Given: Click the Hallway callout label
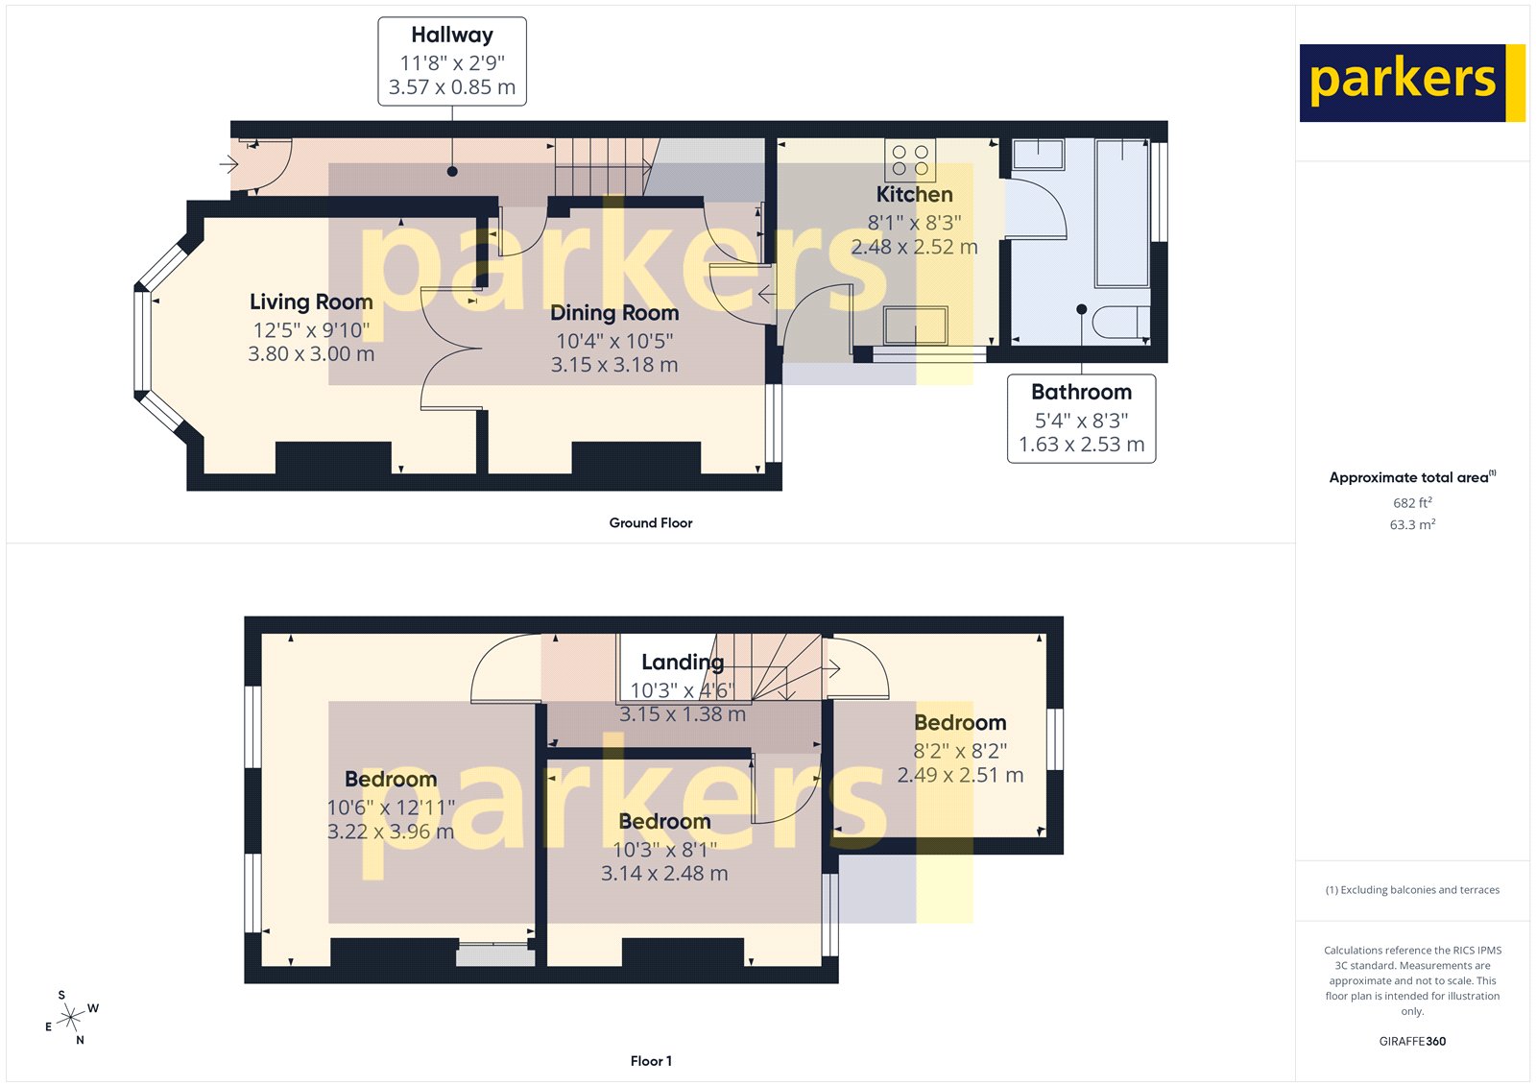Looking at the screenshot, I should pos(452,36).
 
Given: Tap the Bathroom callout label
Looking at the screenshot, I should pos(1081,393).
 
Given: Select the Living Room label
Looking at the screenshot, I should pos(311,302).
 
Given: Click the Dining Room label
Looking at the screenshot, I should pos(614,313).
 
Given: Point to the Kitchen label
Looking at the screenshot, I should pos(914,195).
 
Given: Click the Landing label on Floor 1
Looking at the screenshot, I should pos(682,663).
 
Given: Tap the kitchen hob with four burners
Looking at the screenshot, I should pos(910,160).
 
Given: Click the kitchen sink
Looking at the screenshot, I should pos(916,326).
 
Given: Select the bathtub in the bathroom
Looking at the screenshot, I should pos(1122,213).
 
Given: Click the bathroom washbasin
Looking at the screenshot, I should pos(1038,155).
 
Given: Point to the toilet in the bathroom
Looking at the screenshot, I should pos(1120,323).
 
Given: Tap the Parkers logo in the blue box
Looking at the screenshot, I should pos(1403,83).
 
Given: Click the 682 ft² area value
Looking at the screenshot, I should pos(1412,503).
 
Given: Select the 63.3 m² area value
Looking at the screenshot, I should pos(1412,525).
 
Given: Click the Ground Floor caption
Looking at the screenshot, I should pos(650,523).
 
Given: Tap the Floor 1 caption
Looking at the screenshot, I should pos(651,1061).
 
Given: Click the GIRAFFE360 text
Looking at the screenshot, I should pos(1412,1041).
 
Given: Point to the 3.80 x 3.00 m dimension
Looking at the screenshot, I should pos(311,354).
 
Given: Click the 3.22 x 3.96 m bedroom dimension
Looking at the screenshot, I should pos(391,833).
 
